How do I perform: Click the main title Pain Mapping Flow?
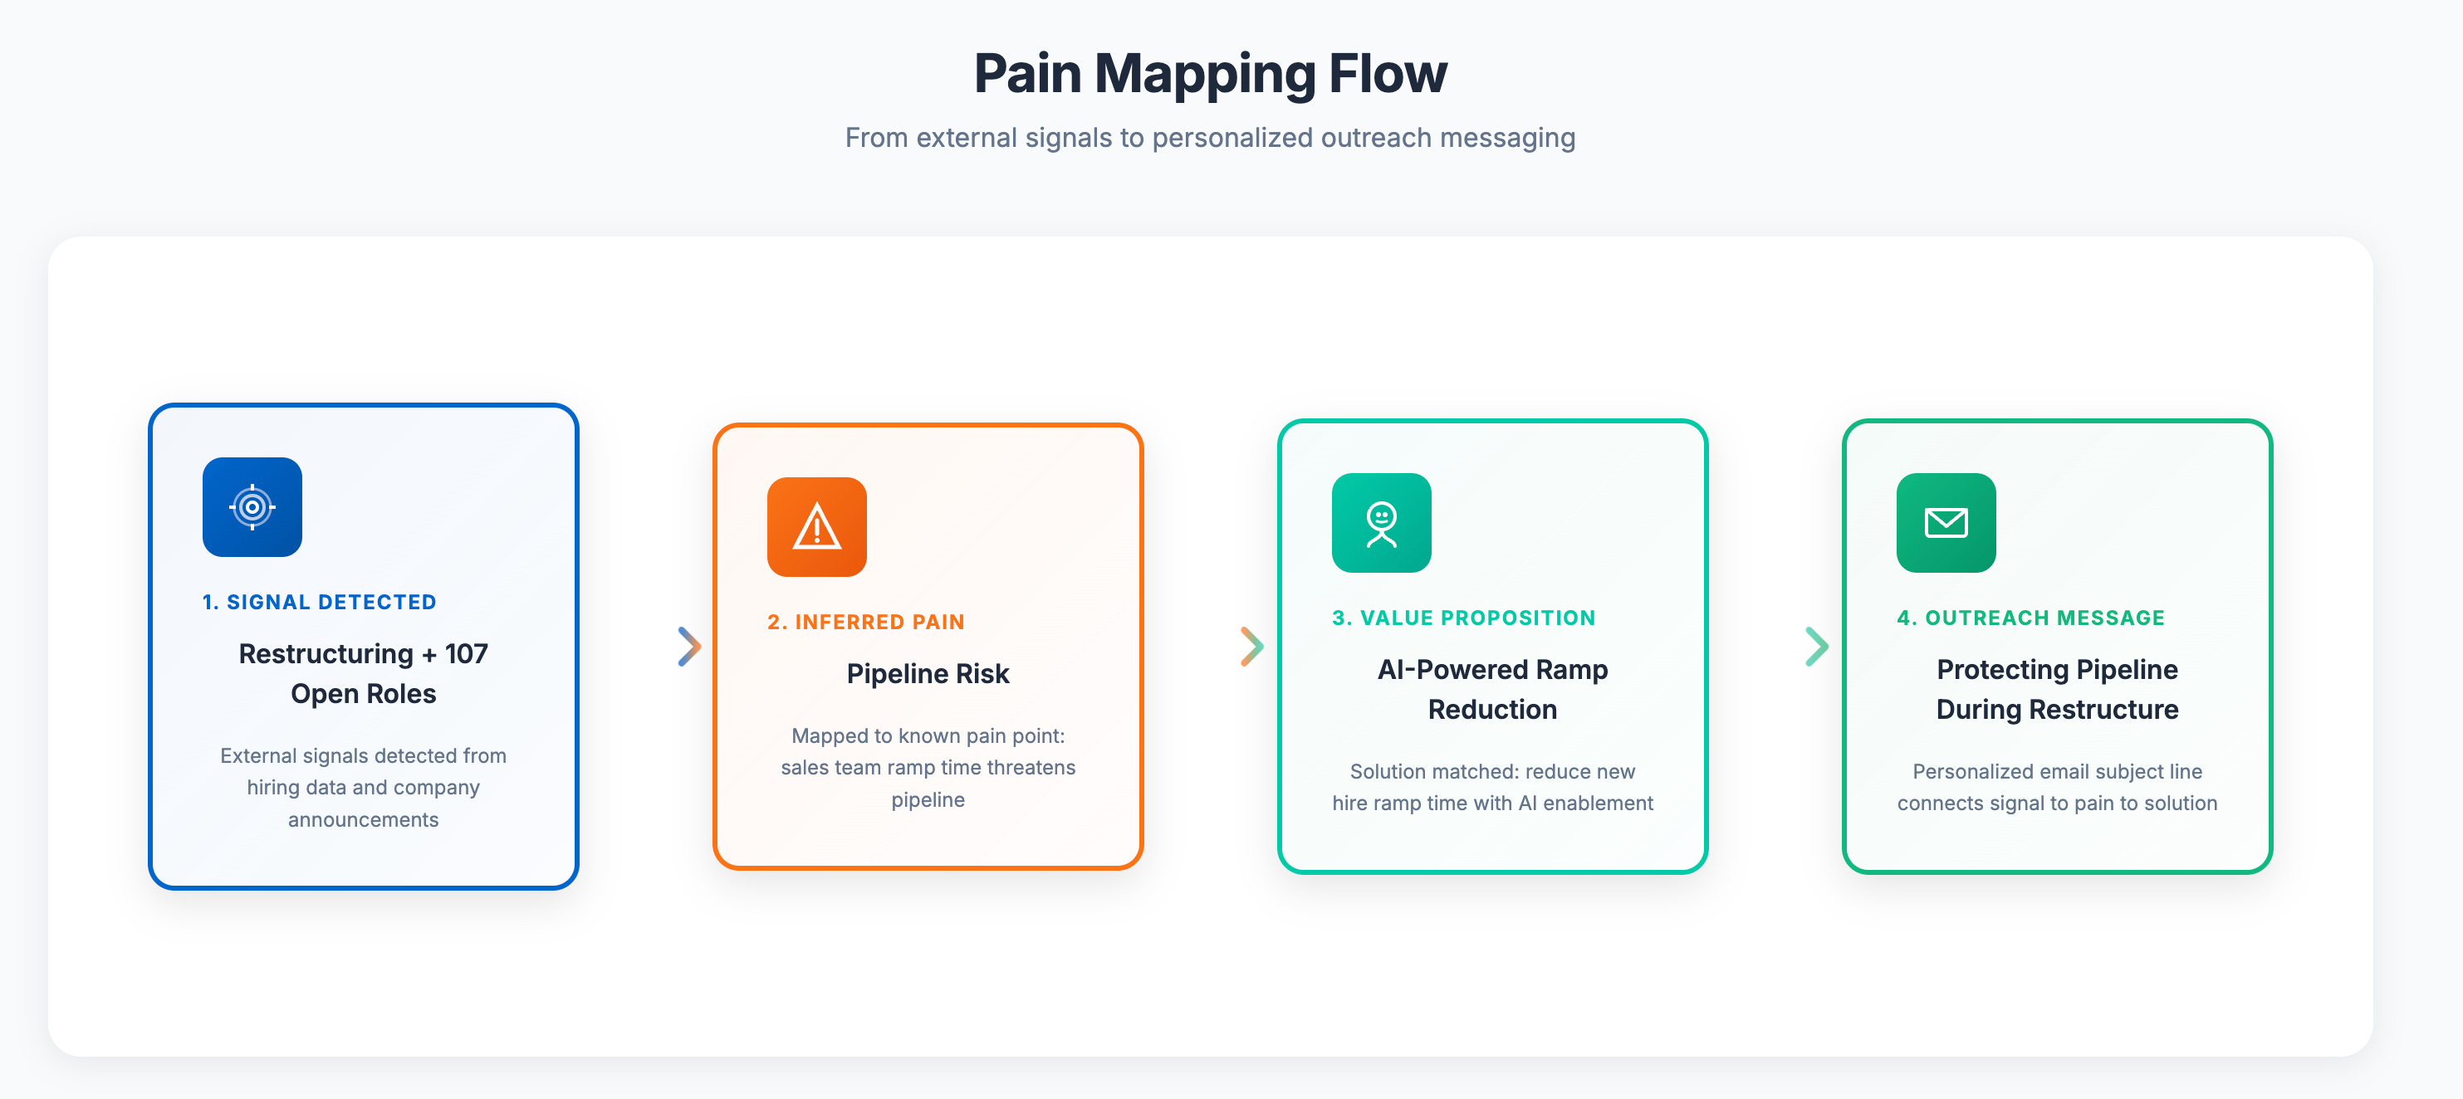[1210, 74]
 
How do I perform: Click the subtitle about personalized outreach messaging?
[1210, 138]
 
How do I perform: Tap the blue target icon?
[252, 507]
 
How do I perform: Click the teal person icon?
[1381, 523]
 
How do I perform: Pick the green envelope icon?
[1946, 523]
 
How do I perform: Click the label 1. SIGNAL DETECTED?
[320, 602]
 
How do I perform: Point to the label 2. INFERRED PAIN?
[865, 622]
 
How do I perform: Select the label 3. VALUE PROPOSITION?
[1463, 618]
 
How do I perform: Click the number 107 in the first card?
[466, 653]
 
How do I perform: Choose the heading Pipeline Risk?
[928, 674]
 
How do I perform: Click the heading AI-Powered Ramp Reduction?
[1491, 689]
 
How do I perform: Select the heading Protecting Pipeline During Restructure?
[2057, 689]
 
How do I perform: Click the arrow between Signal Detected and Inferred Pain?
[689, 647]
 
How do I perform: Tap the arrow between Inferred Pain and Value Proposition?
[1251, 647]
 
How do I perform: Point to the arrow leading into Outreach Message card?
[1817, 647]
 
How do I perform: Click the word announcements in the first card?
[364, 820]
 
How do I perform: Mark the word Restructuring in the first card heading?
[326, 653]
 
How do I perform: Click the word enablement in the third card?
[1598, 803]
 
